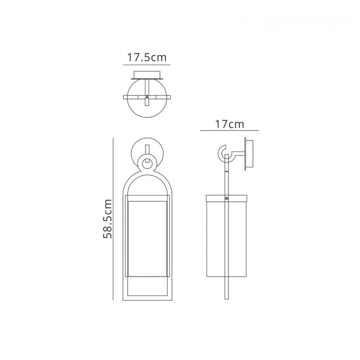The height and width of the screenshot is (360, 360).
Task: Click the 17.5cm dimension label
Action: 146,57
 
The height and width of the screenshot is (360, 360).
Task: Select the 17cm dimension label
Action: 229,124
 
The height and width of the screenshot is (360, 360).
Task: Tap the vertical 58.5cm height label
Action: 107,219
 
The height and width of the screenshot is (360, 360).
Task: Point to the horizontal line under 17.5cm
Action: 146,64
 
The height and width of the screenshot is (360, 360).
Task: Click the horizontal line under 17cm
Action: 229,130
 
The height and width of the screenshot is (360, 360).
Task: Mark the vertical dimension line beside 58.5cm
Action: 113,219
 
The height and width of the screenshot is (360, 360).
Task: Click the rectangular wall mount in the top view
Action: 147,75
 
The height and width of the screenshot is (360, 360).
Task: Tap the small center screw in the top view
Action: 147,97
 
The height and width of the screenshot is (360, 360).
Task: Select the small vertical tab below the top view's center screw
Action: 147,102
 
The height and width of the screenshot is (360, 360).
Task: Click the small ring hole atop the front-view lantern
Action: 147,164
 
